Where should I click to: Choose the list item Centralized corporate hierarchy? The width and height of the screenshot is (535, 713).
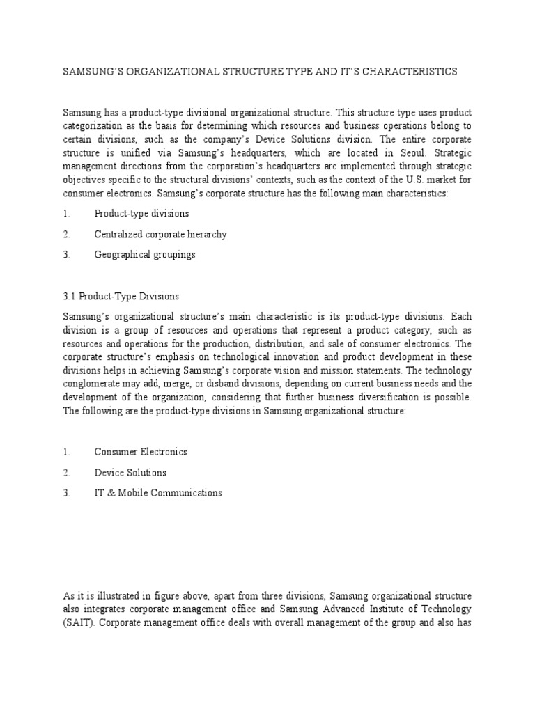coord(160,234)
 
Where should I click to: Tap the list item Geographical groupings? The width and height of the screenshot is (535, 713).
coord(145,255)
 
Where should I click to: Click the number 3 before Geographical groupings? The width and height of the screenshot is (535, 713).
coord(66,255)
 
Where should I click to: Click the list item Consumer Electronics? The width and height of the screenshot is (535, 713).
coord(141,452)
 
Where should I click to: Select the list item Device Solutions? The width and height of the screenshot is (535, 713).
coord(130,473)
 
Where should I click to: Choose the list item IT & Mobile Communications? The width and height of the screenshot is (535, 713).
coord(158,493)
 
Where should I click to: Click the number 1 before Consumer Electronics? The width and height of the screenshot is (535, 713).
coord(66,452)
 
